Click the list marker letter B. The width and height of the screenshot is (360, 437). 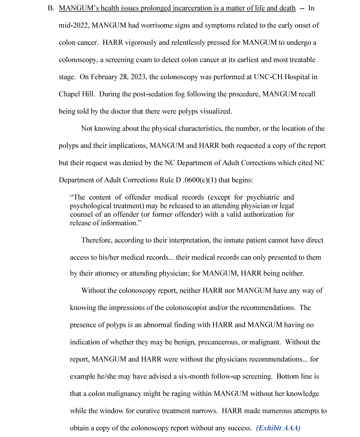pos(50,8)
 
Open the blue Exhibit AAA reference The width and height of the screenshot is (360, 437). pos(278,428)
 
